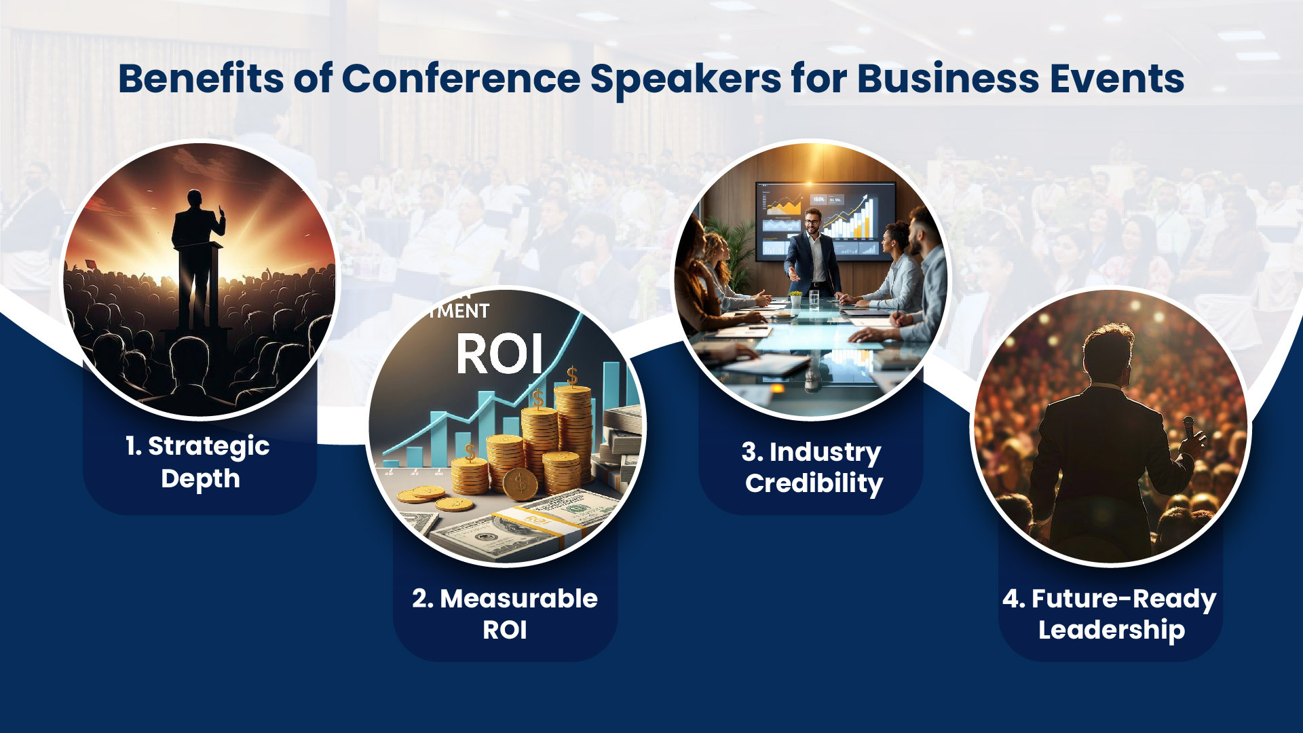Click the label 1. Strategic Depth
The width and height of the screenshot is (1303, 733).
coord(198,462)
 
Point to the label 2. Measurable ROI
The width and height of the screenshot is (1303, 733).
coord(505,614)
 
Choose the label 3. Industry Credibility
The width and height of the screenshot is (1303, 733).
coord(813,468)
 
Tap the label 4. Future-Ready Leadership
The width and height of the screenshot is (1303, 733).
coord(1110,614)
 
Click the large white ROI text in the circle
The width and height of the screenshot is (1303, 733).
coord(499,354)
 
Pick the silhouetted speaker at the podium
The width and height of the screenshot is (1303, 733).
coord(196,258)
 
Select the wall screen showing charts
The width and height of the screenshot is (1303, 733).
coord(825,221)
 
